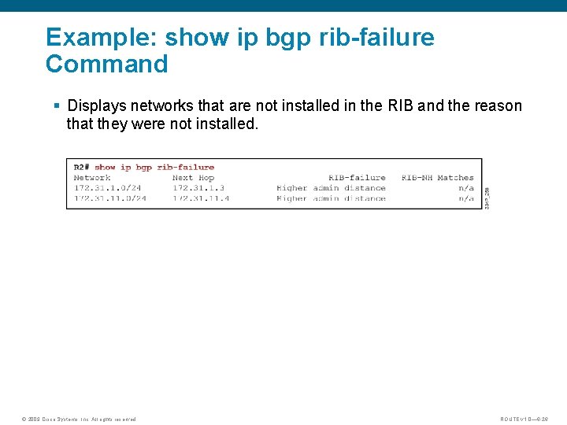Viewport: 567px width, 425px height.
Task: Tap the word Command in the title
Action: [107, 64]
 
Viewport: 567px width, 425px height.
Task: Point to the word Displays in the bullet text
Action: [98, 105]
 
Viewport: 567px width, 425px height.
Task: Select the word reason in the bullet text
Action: [497, 105]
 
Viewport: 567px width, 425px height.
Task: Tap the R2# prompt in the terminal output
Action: [82, 167]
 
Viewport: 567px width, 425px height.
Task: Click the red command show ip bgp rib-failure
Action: [154, 167]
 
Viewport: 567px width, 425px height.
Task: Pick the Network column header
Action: [92, 178]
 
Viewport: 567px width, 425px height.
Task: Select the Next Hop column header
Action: [193, 178]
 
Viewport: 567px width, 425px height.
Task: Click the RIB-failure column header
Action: [357, 178]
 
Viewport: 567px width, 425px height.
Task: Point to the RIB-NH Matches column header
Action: [437, 178]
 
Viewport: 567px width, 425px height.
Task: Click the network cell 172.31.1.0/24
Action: [107, 188]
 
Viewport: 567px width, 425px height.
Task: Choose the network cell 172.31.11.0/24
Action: [109, 198]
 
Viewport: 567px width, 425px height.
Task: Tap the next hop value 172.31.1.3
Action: [198, 188]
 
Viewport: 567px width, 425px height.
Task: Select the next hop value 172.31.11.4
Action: [201, 198]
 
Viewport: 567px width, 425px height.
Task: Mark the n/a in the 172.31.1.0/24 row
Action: [466, 188]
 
